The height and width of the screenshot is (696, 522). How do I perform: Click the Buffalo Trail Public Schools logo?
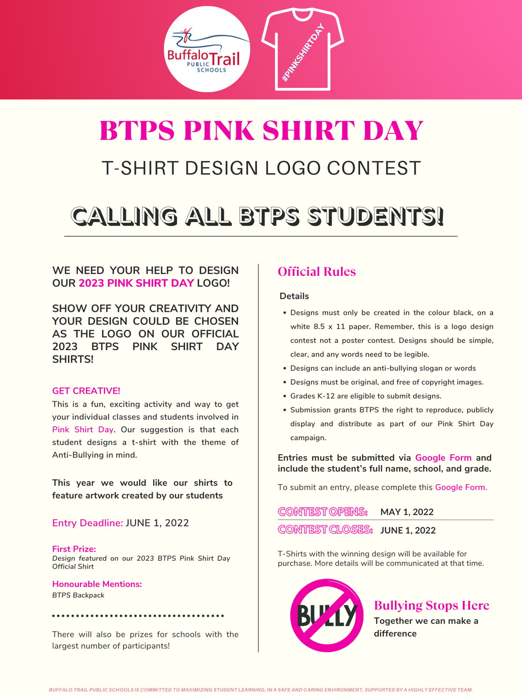coord(207,49)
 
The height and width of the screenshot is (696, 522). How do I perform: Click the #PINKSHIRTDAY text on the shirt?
coord(304,53)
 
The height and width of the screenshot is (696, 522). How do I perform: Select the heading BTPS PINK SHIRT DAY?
coord(261,130)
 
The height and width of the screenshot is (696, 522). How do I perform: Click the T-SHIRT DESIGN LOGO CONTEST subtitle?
coord(261,168)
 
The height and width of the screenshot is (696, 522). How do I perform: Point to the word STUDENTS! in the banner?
coord(375,216)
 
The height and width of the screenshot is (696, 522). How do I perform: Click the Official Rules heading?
coord(317,272)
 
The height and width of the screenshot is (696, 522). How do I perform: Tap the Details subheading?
coord(294,296)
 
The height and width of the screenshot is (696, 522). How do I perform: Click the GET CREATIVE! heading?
coord(86,391)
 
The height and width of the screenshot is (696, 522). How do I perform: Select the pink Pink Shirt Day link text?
coord(83,430)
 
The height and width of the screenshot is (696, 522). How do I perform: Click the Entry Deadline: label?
coord(87,523)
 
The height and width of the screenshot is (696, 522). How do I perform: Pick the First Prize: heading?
coord(74,549)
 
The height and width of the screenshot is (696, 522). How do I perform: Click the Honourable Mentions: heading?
coord(97,584)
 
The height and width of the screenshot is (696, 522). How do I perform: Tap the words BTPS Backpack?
coord(78,595)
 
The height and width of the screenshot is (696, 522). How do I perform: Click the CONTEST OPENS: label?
coord(323,512)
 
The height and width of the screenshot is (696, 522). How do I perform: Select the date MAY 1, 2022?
coord(407,512)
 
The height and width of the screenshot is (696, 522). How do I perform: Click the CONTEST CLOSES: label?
coord(325,530)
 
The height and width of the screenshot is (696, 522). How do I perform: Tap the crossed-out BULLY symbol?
coord(326,615)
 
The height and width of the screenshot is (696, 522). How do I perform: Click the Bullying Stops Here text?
coord(432,606)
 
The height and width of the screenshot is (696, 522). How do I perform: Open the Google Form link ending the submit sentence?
coord(461,487)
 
